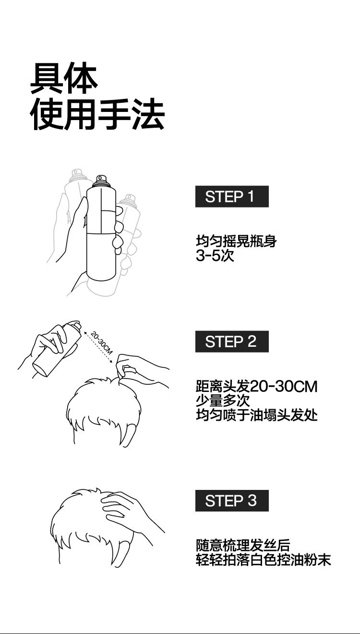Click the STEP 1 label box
click(x=232, y=196)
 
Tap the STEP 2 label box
click(x=232, y=341)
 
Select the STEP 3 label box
click(x=232, y=500)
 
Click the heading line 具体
click(x=64, y=78)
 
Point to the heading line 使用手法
click(x=97, y=114)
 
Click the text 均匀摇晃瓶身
click(x=236, y=241)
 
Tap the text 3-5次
click(x=215, y=256)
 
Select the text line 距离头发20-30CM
click(x=257, y=386)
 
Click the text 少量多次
click(x=223, y=401)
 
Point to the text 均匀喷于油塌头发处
click(x=257, y=415)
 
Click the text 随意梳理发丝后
click(x=243, y=545)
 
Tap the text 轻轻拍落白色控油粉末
click(x=264, y=560)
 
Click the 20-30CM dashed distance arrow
click(x=97, y=347)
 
